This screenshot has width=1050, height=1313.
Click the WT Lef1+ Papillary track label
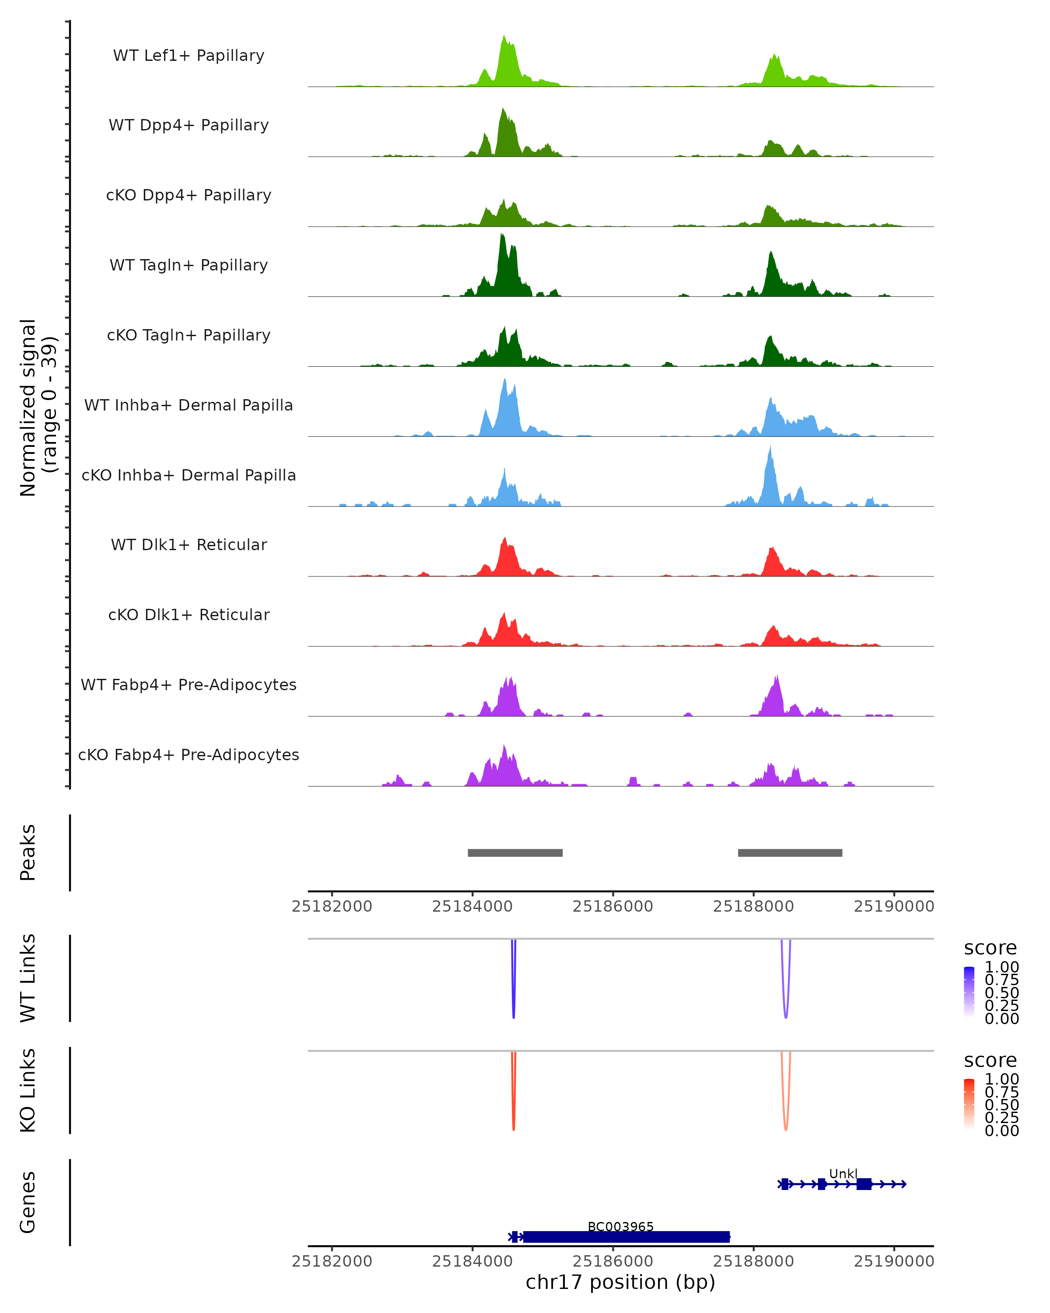pos(189,56)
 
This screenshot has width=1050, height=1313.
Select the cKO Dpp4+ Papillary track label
pos(189,195)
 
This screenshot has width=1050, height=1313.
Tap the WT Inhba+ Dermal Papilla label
pos(189,405)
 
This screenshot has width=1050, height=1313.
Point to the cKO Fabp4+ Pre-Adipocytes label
pos(189,755)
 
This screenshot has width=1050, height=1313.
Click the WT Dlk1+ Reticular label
pos(189,544)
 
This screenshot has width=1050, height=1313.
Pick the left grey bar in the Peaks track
pos(515,853)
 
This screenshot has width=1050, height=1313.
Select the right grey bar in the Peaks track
pos(790,853)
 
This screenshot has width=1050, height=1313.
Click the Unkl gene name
pos(843,1173)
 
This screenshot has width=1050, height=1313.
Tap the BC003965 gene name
pos(620,1226)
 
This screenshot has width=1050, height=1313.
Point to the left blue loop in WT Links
pos(514,999)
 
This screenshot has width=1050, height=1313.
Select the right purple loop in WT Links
pos(786,999)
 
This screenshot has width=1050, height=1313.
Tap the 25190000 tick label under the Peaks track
pos(893,906)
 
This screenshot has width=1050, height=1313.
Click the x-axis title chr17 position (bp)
pos(620,1282)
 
